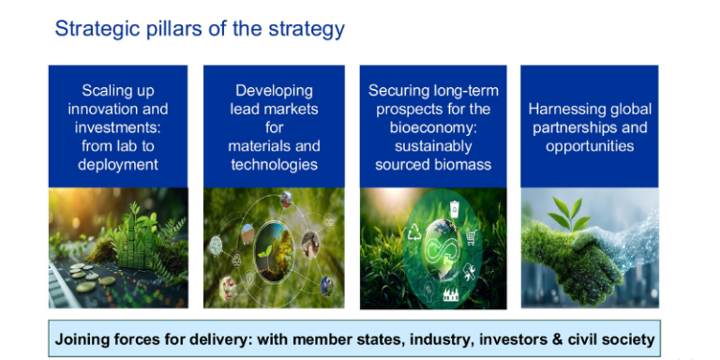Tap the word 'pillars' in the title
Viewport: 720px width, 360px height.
tap(167, 29)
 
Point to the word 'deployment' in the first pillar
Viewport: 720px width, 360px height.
tap(117, 165)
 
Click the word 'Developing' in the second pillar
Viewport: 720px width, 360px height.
tap(274, 91)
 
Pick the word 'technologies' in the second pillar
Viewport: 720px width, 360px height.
tap(274, 165)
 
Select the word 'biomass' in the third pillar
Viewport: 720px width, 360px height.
tap(465, 165)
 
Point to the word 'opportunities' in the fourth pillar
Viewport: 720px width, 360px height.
tap(590, 146)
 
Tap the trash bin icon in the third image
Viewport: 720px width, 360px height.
tap(454, 210)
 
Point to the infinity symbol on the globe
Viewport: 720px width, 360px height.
tap(439, 251)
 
